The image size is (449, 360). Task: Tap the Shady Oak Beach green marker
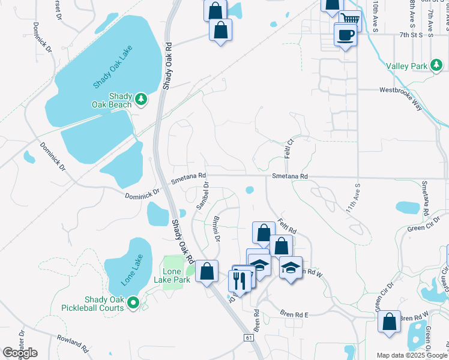[141, 99]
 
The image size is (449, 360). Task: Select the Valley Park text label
[406, 66]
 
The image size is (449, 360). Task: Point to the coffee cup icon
[346, 35]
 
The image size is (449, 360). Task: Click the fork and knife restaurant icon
[240, 281]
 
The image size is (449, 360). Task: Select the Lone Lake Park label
[172, 276]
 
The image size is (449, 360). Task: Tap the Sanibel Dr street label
[202, 196]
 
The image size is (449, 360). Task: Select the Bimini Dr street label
[217, 229]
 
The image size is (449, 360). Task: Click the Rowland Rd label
[73, 343]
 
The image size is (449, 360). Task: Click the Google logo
[20, 353]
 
